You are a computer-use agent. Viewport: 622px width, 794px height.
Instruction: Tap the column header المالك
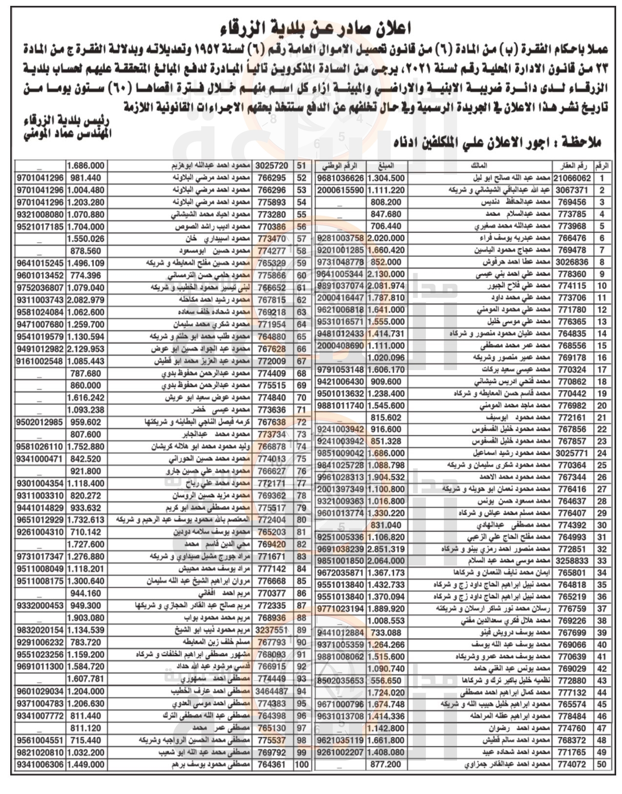point(480,167)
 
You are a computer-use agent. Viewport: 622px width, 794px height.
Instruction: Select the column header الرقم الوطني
point(340,167)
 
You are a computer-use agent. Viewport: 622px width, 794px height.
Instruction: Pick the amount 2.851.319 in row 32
point(386,549)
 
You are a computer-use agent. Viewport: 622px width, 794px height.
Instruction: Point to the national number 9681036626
point(340,178)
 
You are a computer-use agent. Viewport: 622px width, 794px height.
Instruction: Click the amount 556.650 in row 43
point(386,680)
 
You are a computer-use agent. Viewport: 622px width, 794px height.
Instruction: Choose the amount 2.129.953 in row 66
point(85,349)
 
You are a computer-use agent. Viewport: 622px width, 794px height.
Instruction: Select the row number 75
point(303,459)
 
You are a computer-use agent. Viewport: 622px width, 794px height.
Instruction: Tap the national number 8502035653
point(340,680)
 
